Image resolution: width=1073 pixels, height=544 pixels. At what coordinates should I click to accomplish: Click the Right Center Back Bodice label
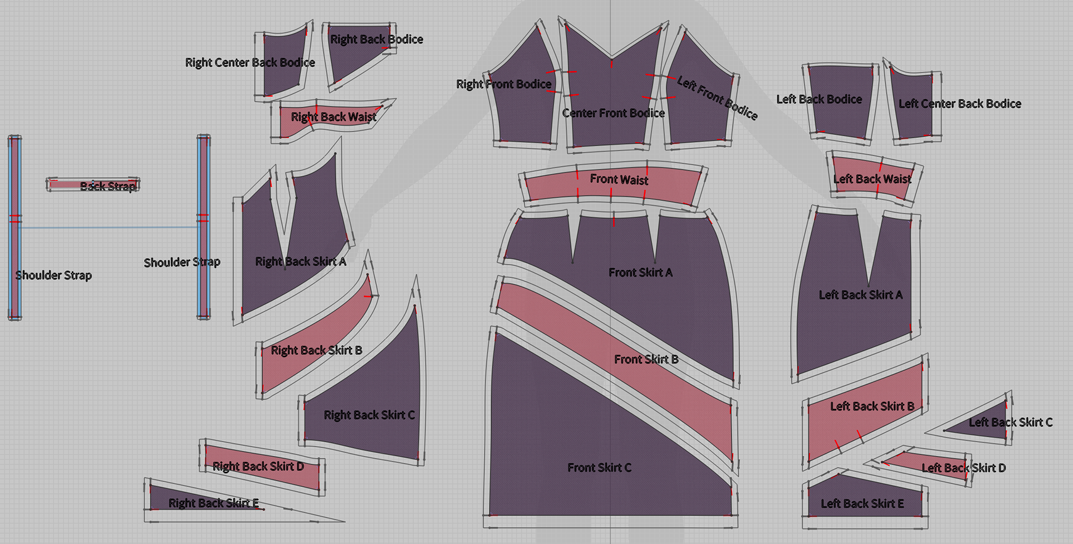click(x=250, y=63)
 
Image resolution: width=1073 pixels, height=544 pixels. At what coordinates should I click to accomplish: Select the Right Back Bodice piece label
click(x=376, y=40)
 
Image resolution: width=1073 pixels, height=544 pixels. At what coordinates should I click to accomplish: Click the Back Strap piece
click(x=93, y=185)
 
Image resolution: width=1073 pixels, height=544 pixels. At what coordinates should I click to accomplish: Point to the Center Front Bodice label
click(x=613, y=113)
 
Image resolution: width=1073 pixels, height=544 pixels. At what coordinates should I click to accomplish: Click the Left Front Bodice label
click(x=717, y=98)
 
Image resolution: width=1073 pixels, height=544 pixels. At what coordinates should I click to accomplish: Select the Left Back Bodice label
click(x=819, y=99)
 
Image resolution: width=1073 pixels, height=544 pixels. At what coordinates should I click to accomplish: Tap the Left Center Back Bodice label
click(x=960, y=104)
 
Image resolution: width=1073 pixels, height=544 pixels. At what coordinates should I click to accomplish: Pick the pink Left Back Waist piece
click(x=872, y=179)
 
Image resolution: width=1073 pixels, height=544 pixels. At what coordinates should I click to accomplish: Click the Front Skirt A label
click(x=640, y=273)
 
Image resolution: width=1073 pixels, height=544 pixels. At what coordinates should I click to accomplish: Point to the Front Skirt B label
click(x=646, y=359)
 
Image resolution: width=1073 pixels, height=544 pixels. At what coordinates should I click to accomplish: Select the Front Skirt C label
click(x=599, y=467)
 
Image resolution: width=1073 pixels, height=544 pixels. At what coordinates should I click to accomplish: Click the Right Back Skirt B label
click(x=316, y=350)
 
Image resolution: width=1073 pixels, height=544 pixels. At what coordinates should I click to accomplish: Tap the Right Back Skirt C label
click(x=369, y=415)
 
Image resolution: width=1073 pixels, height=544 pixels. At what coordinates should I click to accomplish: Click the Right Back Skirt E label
click(x=213, y=503)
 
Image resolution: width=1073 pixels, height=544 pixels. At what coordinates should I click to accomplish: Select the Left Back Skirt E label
click(x=862, y=504)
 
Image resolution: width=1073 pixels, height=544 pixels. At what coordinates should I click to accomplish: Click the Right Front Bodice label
click(x=504, y=84)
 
